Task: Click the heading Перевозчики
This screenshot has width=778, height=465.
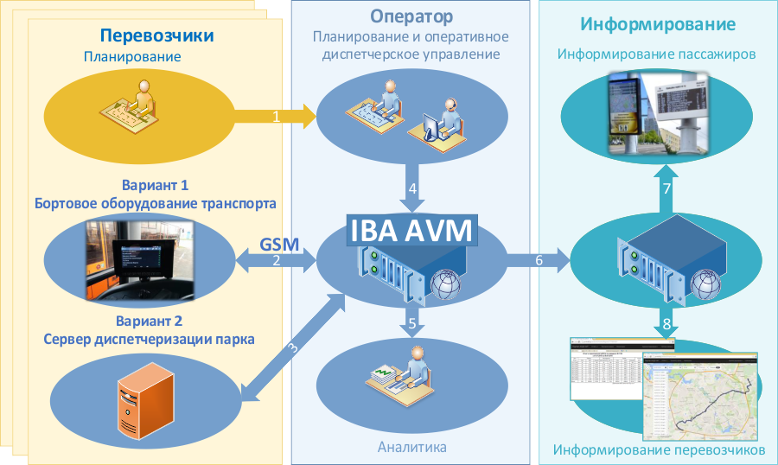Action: click(156, 35)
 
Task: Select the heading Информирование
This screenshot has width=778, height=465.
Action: click(658, 23)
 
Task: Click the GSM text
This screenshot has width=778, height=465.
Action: click(279, 244)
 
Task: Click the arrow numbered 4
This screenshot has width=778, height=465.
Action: click(412, 188)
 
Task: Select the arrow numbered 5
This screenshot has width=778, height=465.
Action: click(412, 324)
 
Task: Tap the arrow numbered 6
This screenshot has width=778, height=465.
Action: click(539, 259)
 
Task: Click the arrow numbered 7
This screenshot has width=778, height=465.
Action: click(666, 188)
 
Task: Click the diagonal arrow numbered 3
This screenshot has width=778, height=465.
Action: click(292, 349)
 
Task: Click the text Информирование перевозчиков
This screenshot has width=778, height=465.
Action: click(659, 450)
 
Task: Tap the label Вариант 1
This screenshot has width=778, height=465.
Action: click(156, 186)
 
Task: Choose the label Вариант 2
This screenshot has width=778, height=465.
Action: click(156, 322)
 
